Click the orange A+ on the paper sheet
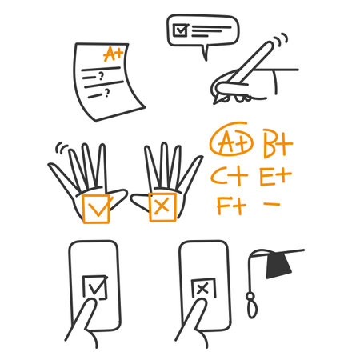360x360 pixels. click(x=114, y=54)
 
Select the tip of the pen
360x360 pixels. click(x=214, y=103)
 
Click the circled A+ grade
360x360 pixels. click(x=231, y=144)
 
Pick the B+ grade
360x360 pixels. click(x=278, y=145)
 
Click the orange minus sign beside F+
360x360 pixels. click(x=272, y=204)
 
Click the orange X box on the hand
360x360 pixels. click(x=162, y=207)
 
